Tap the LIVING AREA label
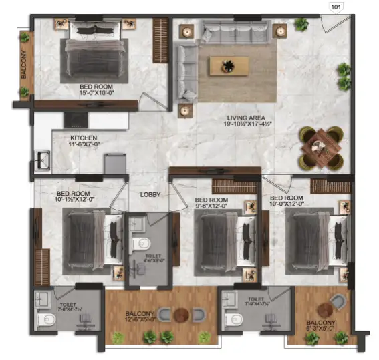coord(242,118)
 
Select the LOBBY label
coord(149,195)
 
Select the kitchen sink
coord(43,160)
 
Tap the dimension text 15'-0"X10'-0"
coord(96,94)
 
